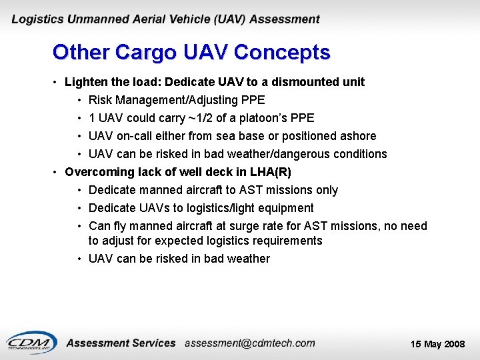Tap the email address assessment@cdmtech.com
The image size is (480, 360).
pos(249,343)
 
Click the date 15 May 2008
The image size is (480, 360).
pos(437,344)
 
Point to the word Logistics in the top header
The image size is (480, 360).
pos(39,19)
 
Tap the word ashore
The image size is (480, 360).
pos(357,136)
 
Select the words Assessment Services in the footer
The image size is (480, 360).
pos(121,343)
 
